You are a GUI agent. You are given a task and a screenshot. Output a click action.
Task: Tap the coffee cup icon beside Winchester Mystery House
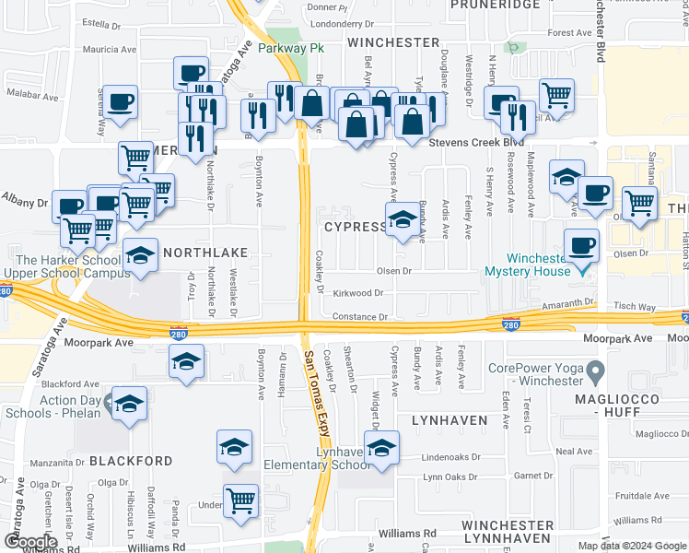coord(581,246)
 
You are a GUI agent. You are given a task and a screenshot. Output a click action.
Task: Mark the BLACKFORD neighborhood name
coord(130,460)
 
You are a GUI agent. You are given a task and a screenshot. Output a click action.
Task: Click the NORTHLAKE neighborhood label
coord(204,252)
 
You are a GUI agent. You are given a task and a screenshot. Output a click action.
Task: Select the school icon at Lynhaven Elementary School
coord(381,448)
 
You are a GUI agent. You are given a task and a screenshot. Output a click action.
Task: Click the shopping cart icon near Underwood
coord(241,501)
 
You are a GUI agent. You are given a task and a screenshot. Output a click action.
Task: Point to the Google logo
coord(30,541)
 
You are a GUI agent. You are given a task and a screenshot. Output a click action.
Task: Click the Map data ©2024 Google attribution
coord(631,546)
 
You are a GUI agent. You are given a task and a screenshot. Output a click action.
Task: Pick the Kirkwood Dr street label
coord(358,292)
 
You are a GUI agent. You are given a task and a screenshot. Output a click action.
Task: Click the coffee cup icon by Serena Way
coord(120,102)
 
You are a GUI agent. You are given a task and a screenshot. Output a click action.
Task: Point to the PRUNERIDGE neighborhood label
coord(495,5)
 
